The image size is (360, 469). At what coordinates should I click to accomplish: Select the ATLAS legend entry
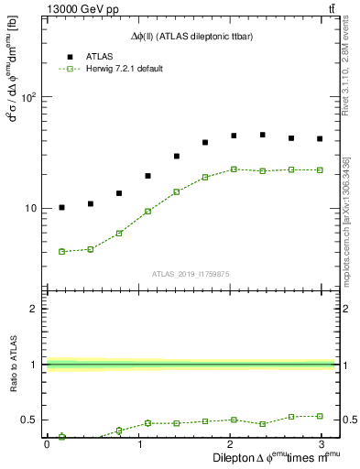[x=88, y=56]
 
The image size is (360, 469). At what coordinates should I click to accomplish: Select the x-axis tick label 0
[x=47, y=444]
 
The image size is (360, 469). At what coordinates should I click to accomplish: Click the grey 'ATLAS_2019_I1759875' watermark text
[x=190, y=273]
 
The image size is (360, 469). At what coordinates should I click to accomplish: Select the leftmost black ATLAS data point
[x=61, y=208]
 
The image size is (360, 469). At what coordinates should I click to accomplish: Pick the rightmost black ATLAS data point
[x=320, y=139]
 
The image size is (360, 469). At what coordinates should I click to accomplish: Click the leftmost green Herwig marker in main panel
[x=61, y=251]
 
